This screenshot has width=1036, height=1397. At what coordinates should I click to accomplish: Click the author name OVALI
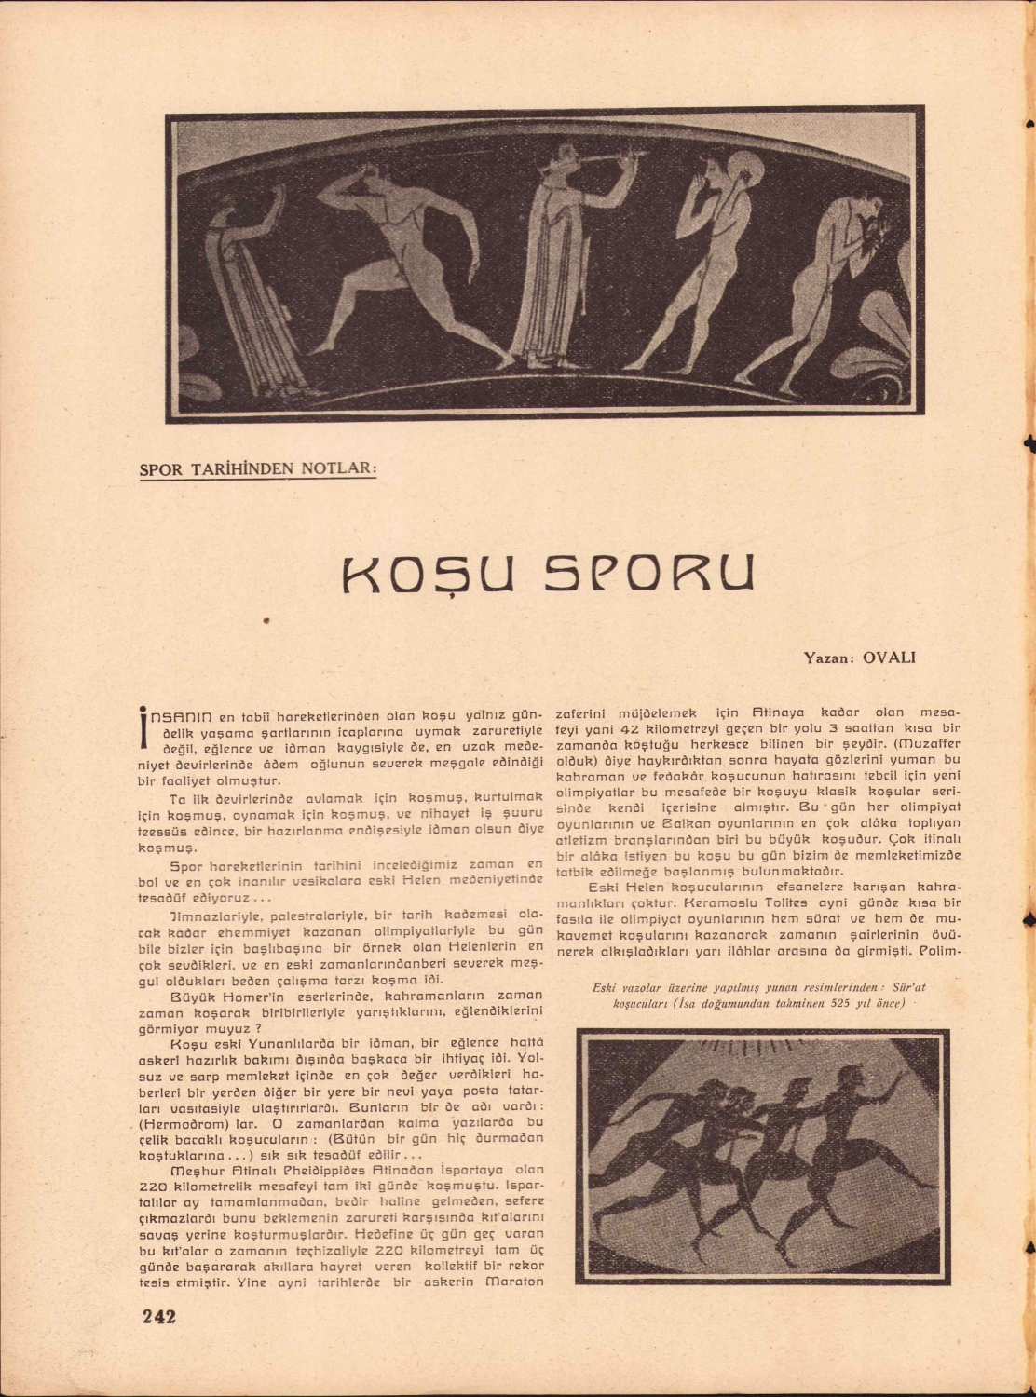point(890,657)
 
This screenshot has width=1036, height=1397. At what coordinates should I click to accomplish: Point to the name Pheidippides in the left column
point(315,1169)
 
